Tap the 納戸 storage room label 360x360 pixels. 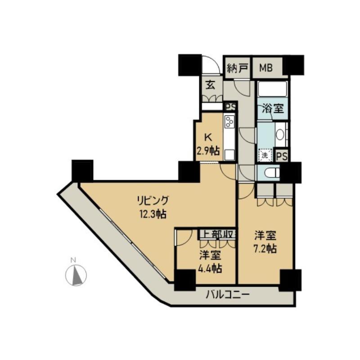pyautogui.click(x=238, y=68)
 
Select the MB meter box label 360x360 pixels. pyautogui.click(x=266, y=68)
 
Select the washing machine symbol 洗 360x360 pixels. pyautogui.click(x=265, y=155)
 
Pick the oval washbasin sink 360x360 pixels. pyautogui.click(x=280, y=134)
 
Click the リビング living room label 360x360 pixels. pyautogui.click(x=153, y=201)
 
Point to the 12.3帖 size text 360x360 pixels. pyautogui.click(x=153, y=214)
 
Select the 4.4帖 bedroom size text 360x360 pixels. pyautogui.click(x=211, y=268)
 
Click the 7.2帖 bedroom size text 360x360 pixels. pyautogui.click(x=265, y=248)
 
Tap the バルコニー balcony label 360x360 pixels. pyautogui.click(x=227, y=294)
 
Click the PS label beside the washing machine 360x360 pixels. pyautogui.click(x=282, y=157)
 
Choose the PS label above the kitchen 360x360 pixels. pyautogui.click(x=230, y=107)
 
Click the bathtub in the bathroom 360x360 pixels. pyautogui.click(x=273, y=89)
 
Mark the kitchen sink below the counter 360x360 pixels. pyautogui.click(x=230, y=155)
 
